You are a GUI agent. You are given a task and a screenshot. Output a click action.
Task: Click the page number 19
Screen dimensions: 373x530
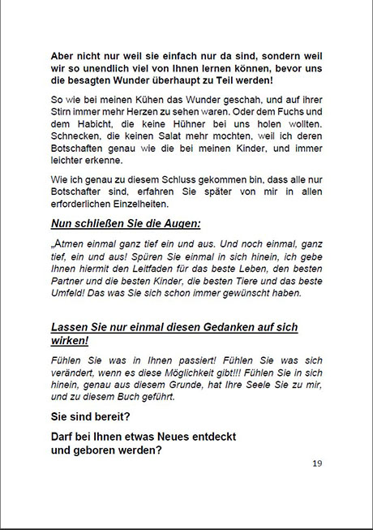pyautogui.click(x=317, y=463)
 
